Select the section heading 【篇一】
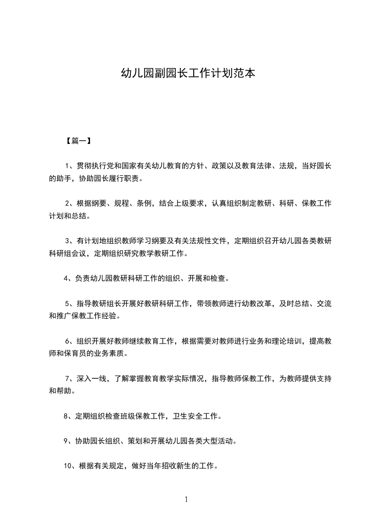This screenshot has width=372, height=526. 76,140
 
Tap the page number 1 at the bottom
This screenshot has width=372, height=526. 186,499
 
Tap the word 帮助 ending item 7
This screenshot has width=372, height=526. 64,391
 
